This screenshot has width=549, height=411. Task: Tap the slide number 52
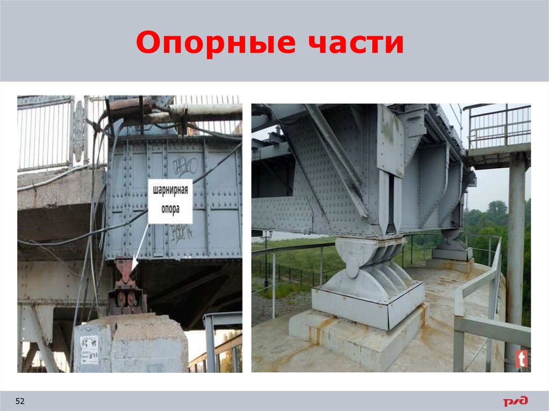(20, 401)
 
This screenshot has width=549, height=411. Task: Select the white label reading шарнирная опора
(170, 201)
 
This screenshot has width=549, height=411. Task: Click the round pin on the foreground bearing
(353, 267)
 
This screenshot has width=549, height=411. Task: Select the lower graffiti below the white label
(181, 233)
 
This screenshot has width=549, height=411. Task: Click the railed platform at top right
(499, 134)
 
